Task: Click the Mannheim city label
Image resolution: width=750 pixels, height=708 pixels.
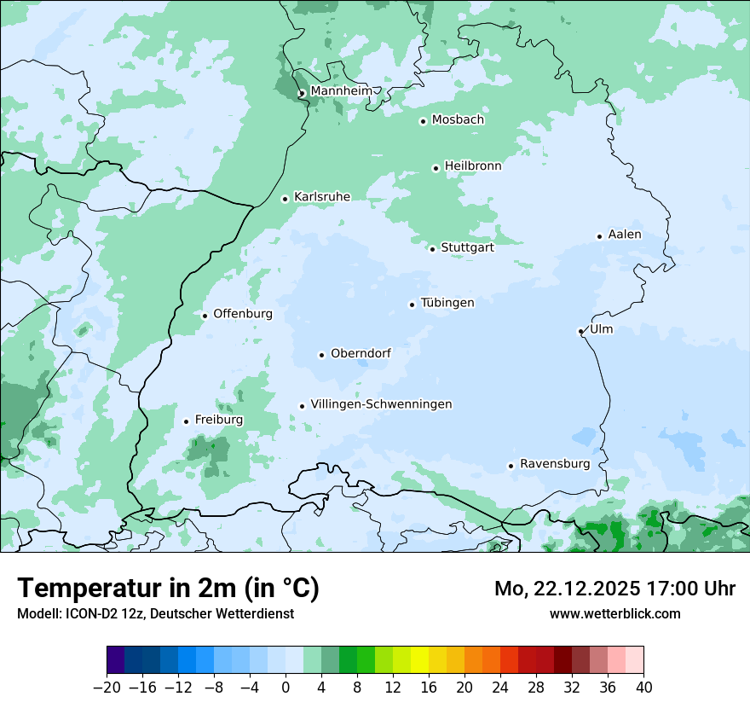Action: click(x=341, y=91)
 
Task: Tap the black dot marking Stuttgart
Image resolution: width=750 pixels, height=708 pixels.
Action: click(x=433, y=249)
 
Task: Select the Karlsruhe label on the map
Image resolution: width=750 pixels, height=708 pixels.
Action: click(x=322, y=197)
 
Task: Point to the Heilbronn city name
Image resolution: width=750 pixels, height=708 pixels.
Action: click(x=473, y=166)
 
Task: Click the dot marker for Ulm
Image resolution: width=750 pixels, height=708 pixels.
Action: click(x=581, y=331)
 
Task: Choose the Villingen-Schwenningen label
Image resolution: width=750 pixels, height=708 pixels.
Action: click(x=381, y=404)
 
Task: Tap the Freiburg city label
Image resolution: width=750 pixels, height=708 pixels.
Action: click(x=219, y=420)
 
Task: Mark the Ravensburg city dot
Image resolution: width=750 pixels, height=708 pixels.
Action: click(x=511, y=466)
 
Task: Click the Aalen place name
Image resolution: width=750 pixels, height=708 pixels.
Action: click(x=625, y=235)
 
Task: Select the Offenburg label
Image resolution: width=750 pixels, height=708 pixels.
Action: click(x=243, y=314)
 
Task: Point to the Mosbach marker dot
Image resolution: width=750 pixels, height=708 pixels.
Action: click(x=423, y=121)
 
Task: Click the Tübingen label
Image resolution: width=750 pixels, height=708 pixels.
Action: click(x=447, y=303)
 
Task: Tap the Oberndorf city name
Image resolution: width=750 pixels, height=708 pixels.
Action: click(x=361, y=353)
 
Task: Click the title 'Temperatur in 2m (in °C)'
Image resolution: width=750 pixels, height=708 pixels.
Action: click(x=168, y=589)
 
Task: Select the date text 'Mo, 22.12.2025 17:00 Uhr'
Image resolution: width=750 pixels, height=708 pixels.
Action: click(x=614, y=589)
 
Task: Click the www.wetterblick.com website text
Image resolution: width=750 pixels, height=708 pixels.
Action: click(x=614, y=613)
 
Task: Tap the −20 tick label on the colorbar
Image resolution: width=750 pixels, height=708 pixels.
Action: click(x=107, y=688)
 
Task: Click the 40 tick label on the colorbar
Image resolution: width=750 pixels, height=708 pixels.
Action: click(x=643, y=688)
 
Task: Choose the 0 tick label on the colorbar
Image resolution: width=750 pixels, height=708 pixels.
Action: click(x=286, y=688)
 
